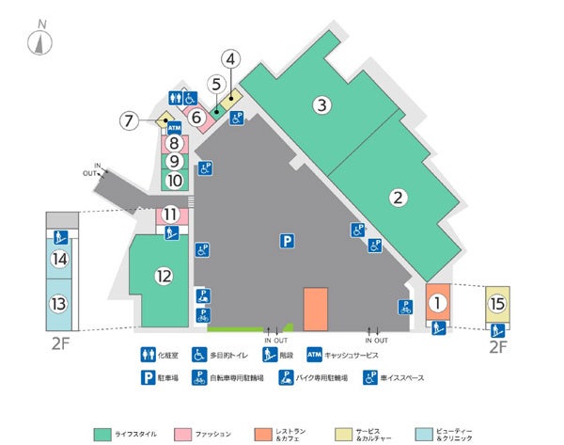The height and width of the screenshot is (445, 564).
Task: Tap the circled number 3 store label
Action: pyautogui.click(x=321, y=104)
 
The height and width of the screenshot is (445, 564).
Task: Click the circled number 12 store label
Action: pyautogui.click(x=164, y=276)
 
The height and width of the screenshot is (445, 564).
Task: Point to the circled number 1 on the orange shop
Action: pyautogui.click(x=436, y=303)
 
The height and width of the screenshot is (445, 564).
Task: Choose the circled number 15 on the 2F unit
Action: pyautogui.click(x=497, y=304)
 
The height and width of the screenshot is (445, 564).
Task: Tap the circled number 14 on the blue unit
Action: pyautogui.click(x=59, y=259)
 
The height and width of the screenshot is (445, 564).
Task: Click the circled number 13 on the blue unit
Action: pyautogui.click(x=59, y=304)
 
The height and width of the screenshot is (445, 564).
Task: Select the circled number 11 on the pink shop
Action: pyautogui.click(x=170, y=215)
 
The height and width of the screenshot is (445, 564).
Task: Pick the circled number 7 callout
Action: pyautogui.click(x=131, y=120)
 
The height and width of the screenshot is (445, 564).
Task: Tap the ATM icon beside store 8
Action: pyautogui.click(x=174, y=127)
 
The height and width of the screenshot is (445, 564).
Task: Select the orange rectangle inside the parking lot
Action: pyautogui.click(x=315, y=310)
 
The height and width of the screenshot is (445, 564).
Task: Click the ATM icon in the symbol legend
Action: pyautogui.click(x=315, y=355)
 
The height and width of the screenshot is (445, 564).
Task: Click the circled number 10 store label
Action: pyautogui.click(x=174, y=180)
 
